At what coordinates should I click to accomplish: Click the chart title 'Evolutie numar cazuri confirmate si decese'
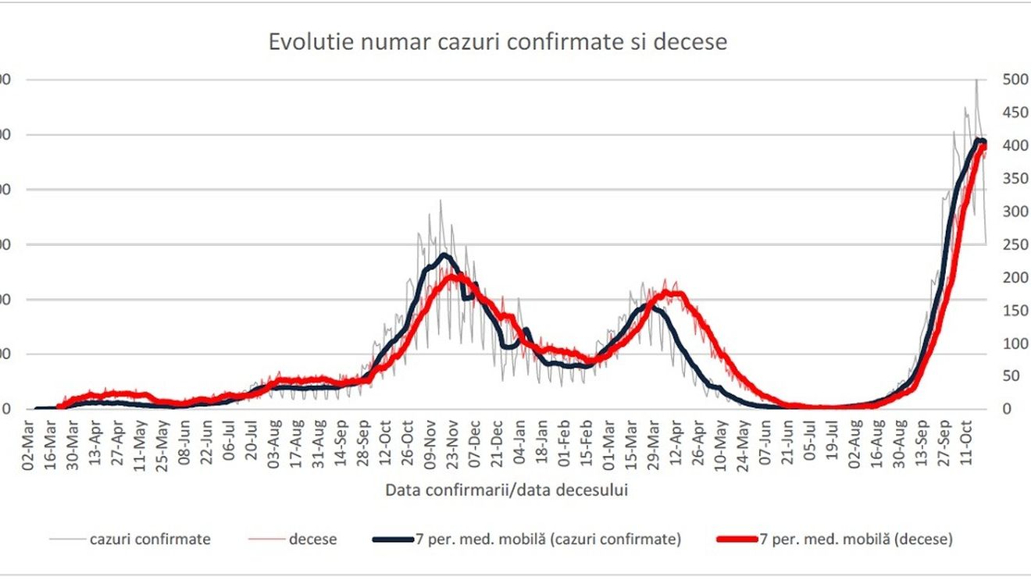(x=498, y=41)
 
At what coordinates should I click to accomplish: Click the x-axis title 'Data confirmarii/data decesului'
(x=507, y=490)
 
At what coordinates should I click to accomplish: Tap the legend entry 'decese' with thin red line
(x=313, y=539)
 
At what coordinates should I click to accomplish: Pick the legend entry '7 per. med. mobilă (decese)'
(x=856, y=539)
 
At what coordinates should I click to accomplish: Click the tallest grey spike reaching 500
(x=976, y=81)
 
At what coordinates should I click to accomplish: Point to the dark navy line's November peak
(x=445, y=254)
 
